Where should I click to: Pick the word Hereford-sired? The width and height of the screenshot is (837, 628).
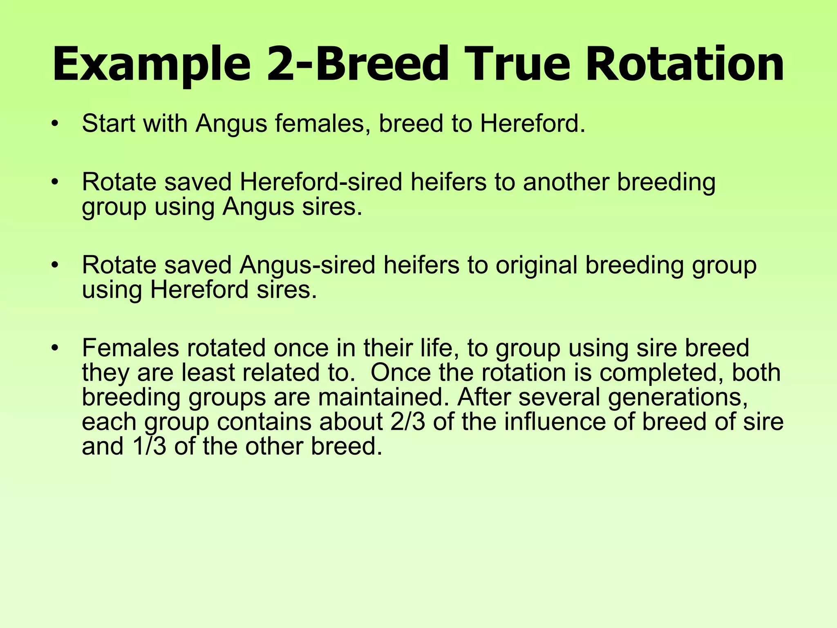pyautogui.click(x=321, y=182)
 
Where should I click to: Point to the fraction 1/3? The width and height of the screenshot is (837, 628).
pyautogui.click(x=149, y=446)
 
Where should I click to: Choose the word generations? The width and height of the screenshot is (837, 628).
pyautogui.click(x=678, y=397)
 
